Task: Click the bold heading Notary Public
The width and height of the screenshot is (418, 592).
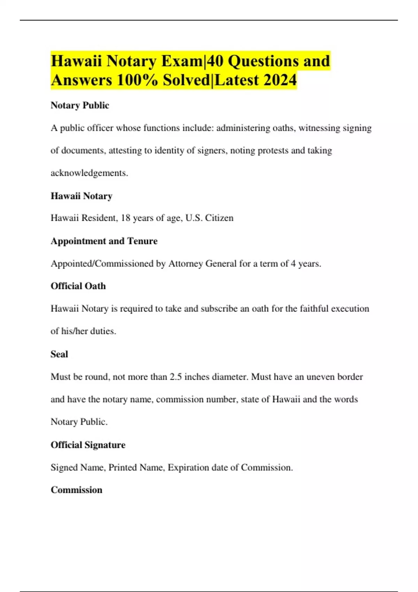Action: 80,105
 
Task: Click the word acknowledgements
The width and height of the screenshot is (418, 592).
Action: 89,173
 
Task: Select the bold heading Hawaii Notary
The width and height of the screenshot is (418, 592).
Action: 82,196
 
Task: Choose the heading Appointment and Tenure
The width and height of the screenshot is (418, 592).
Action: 104,241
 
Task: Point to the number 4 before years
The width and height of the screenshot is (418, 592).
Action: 293,264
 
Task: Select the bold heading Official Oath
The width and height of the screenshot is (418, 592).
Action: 78,286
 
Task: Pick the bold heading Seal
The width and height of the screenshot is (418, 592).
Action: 59,354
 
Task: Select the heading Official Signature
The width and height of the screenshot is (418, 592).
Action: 88,445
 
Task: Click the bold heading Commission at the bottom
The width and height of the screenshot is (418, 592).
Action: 76,490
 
